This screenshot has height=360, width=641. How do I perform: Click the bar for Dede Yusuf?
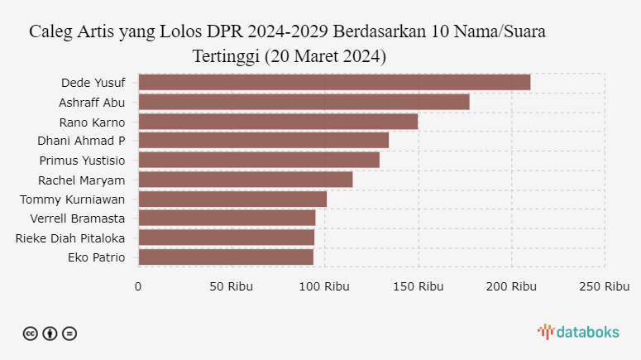pyautogui.click(x=334, y=82)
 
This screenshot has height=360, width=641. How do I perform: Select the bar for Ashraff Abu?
pyautogui.click(x=304, y=102)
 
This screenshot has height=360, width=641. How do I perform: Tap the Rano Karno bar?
pyautogui.click(x=278, y=121)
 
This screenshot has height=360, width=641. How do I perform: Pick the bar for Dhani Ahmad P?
pyautogui.click(x=263, y=141)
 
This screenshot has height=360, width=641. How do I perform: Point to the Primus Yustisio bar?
pyautogui.click(x=259, y=160)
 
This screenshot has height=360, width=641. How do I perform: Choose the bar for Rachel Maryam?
pyautogui.click(x=246, y=180)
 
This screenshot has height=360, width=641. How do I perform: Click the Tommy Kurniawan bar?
pyautogui.click(x=232, y=199)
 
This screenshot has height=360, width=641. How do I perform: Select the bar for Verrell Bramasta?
pyautogui.click(x=227, y=218)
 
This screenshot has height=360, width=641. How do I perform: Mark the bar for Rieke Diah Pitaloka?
pyautogui.click(x=226, y=238)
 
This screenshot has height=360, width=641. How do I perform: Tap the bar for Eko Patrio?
pyautogui.click(x=226, y=257)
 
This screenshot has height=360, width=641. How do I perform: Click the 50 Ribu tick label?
pyautogui.click(x=232, y=286)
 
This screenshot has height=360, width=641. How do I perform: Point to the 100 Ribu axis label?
pyautogui.click(x=324, y=286)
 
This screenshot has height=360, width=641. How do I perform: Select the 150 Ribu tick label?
pyautogui.click(x=418, y=286)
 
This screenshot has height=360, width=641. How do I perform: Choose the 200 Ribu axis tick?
pyautogui.click(x=511, y=286)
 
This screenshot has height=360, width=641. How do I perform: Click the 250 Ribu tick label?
pyautogui.click(x=605, y=286)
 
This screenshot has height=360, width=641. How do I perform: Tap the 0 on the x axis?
pyautogui.click(x=138, y=286)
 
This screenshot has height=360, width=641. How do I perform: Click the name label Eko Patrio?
pyautogui.click(x=96, y=257)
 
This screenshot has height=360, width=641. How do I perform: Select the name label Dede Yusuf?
pyautogui.click(x=93, y=83)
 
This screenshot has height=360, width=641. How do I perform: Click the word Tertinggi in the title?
pyautogui.click(x=226, y=57)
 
